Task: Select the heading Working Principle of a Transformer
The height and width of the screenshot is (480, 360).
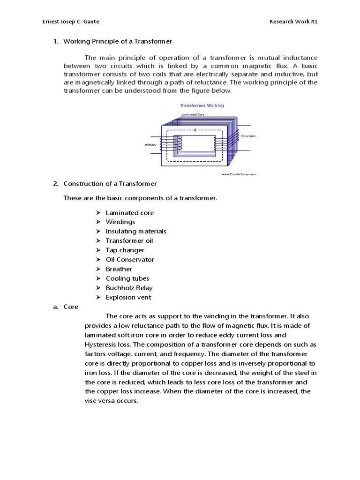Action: coord(118,41)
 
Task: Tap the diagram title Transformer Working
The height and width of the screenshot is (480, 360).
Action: coord(202,105)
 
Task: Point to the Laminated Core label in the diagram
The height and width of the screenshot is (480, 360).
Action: coord(193,114)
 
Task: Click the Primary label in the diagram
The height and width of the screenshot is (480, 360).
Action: coord(150,145)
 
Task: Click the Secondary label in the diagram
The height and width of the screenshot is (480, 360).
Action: coord(248,135)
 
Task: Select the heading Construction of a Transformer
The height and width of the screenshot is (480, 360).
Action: coord(110,183)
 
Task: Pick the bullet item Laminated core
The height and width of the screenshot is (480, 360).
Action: coord(129,213)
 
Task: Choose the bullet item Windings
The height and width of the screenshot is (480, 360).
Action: coord(120,222)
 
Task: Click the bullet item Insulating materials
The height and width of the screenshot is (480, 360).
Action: coord(136,232)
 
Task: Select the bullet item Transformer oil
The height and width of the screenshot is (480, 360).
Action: coord(129,241)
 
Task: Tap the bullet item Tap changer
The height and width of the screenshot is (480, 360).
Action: coord(125,250)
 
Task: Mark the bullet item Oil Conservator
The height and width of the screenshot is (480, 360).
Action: coord(129,260)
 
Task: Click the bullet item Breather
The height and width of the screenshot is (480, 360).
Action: coord(119,269)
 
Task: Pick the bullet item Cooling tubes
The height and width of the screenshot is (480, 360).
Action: coord(127,278)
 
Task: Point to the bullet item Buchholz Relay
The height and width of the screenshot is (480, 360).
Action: coord(129,288)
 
